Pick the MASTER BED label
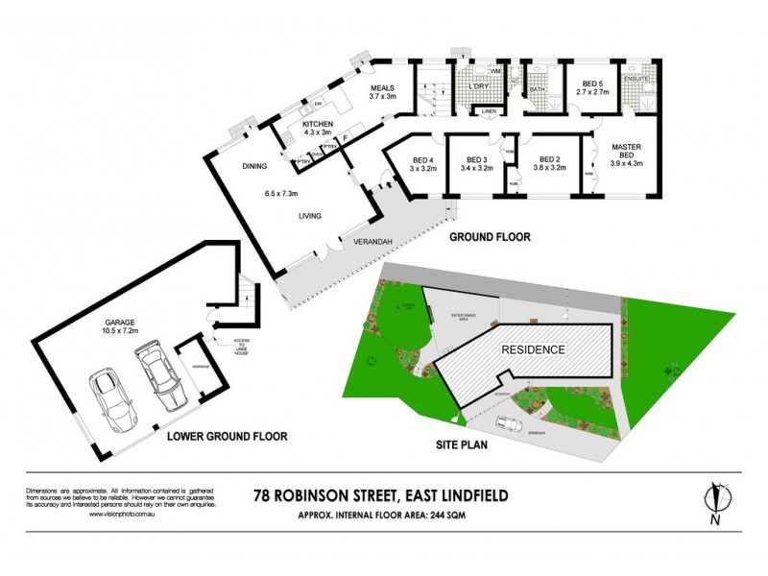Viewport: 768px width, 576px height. tap(626, 153)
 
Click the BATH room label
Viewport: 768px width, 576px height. tap(538, 90)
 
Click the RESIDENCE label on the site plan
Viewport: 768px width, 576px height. tap(534, 349)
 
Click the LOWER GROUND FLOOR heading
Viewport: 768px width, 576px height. tap(228, 436)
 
